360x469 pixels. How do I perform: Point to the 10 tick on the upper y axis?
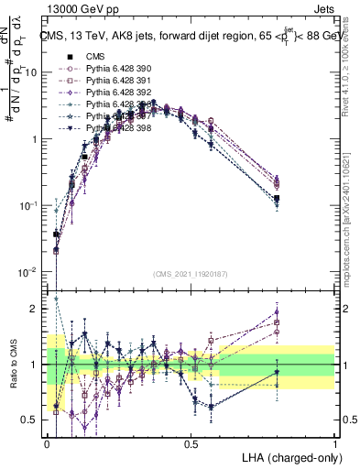[x=35, y=72]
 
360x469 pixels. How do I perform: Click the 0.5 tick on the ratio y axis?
[x=32, y=420]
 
